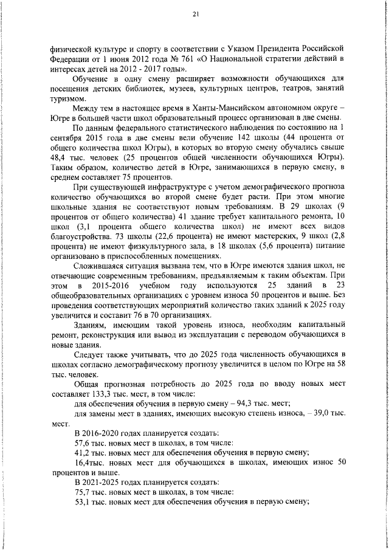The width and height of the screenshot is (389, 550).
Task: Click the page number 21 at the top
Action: pos(195,13)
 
